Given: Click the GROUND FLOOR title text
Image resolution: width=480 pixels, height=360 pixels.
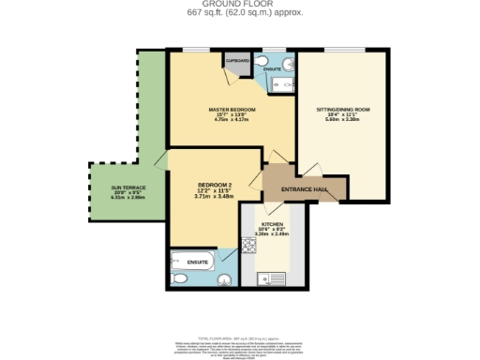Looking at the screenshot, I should tap(240, 4).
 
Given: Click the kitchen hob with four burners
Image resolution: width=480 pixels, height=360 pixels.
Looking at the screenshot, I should tap(249, 246).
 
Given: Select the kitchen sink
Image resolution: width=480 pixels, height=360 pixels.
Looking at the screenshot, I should tap(268, 277).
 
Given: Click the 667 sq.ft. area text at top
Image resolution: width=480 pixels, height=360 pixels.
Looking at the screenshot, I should tap(240, 13).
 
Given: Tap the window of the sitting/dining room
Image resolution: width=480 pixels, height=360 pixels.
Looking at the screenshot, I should tap(341, 51).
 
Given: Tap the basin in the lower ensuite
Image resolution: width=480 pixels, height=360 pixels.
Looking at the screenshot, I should tap(221, 257).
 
